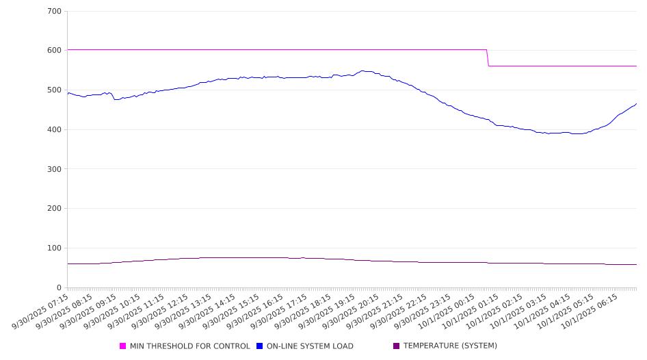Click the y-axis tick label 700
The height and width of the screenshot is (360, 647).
[55, 12]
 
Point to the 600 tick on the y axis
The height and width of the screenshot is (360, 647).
[55, 51]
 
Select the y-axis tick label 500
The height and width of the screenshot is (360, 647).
[55, 90]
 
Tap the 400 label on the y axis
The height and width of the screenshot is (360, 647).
[55, 130]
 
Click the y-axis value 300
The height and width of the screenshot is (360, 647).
[55, 169]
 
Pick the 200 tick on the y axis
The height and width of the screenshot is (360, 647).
[55, 209]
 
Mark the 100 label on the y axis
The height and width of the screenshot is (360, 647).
[55, 248]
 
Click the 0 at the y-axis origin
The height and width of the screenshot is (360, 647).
[60, 288]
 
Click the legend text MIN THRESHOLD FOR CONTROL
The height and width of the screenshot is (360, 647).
[189, 346]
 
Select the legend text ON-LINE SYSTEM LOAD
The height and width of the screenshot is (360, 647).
[310, 346]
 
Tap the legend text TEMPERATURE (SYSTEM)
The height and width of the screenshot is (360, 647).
[450, 346]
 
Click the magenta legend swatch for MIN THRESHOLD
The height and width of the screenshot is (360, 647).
[123, 346]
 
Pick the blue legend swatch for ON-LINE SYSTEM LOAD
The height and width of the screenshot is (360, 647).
[260, 346]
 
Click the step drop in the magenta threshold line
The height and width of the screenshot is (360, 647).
[488, 58]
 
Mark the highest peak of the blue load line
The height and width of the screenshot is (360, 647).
[363, 70]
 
